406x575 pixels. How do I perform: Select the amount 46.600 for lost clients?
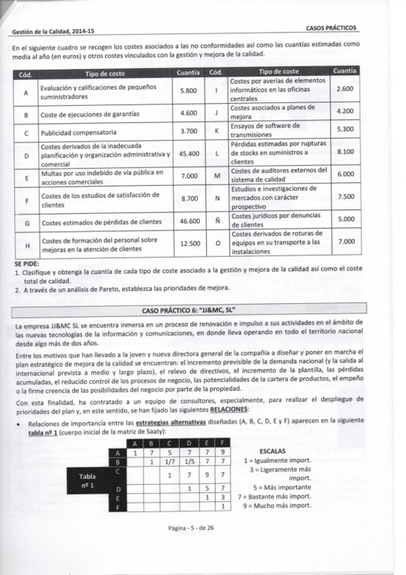pyautogui.click(x=188, y=221)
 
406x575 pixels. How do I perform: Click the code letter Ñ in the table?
pyautogui.click(x=216, y=220)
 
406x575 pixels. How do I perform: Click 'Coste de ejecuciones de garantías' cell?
pyautogui.click(x=90, y=113)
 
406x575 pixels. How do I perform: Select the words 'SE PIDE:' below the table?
pyautogui.click(x=26, y=263)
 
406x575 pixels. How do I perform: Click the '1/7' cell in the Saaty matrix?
pyautogui.click(x=171, y=461)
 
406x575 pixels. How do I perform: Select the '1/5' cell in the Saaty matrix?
pyautogui.click(x=188, y=461)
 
